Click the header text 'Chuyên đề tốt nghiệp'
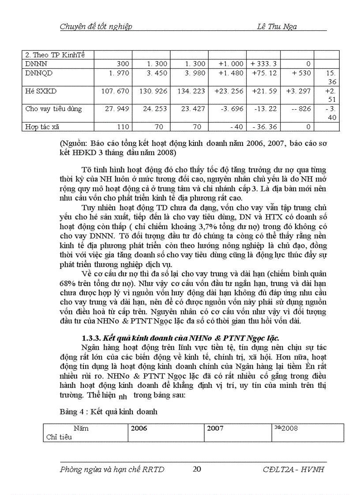pyautogui.click(x=96, y=26)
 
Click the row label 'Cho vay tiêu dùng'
pyautogui.click(x=53, y=109)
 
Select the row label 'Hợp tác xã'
pyautogui.click(x=41, y=127)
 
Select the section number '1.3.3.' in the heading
pyautogui.click(x=91, y=338)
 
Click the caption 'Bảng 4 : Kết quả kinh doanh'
pyautogui.click(x=109, y=412)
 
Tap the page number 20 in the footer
pyautogui.click(x=197, y=469)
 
